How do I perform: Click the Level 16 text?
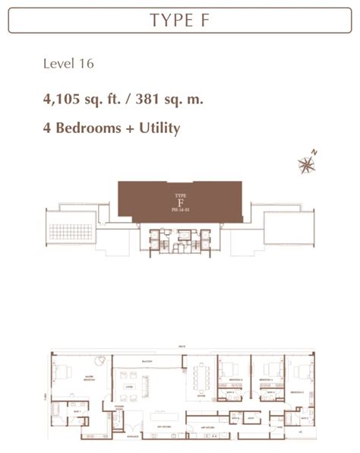pos(68,64)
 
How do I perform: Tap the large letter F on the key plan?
pos(180,202)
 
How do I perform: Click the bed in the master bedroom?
pos(62,372)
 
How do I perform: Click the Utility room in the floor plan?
pos(250,417)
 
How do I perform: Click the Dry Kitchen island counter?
pos(161,417)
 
